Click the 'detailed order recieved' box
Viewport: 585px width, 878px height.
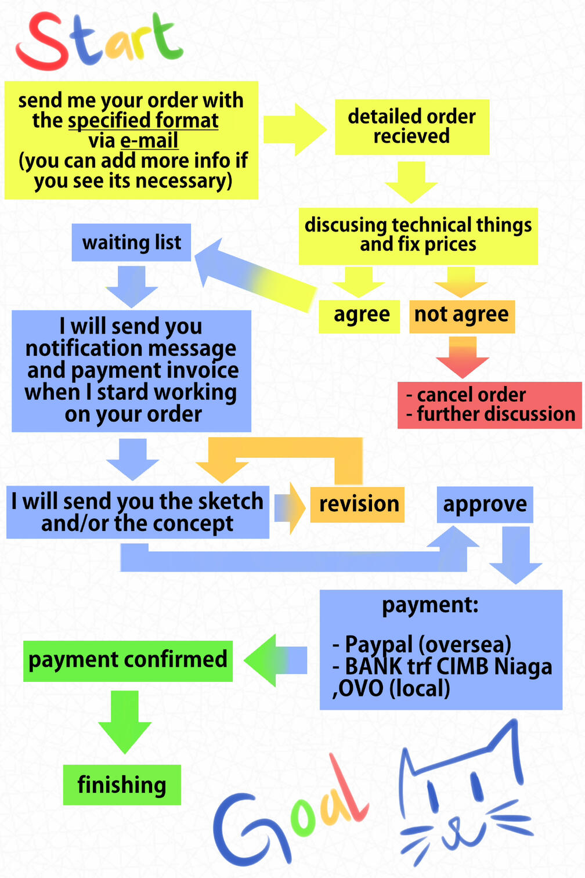411,127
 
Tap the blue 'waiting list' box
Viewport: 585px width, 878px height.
131,242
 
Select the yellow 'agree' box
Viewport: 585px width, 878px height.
360,316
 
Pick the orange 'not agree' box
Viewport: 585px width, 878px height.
461,316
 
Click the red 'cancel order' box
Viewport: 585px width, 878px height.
489,404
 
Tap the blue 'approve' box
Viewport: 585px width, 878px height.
485,504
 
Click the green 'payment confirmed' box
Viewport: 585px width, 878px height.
128,660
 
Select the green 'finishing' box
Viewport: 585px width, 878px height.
122,785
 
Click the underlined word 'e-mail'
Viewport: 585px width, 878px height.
149,141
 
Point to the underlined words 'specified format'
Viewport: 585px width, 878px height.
143,121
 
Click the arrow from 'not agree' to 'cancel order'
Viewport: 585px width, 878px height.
463,357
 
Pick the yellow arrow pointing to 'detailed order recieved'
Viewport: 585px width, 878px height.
294,129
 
